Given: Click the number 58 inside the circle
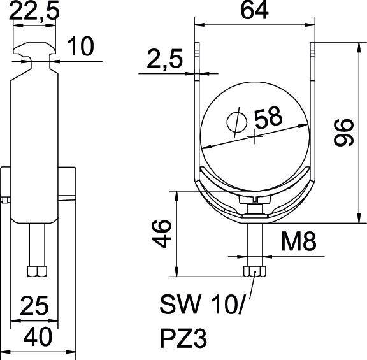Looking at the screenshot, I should [268, 117].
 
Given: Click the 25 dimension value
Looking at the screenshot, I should [34, 307].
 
